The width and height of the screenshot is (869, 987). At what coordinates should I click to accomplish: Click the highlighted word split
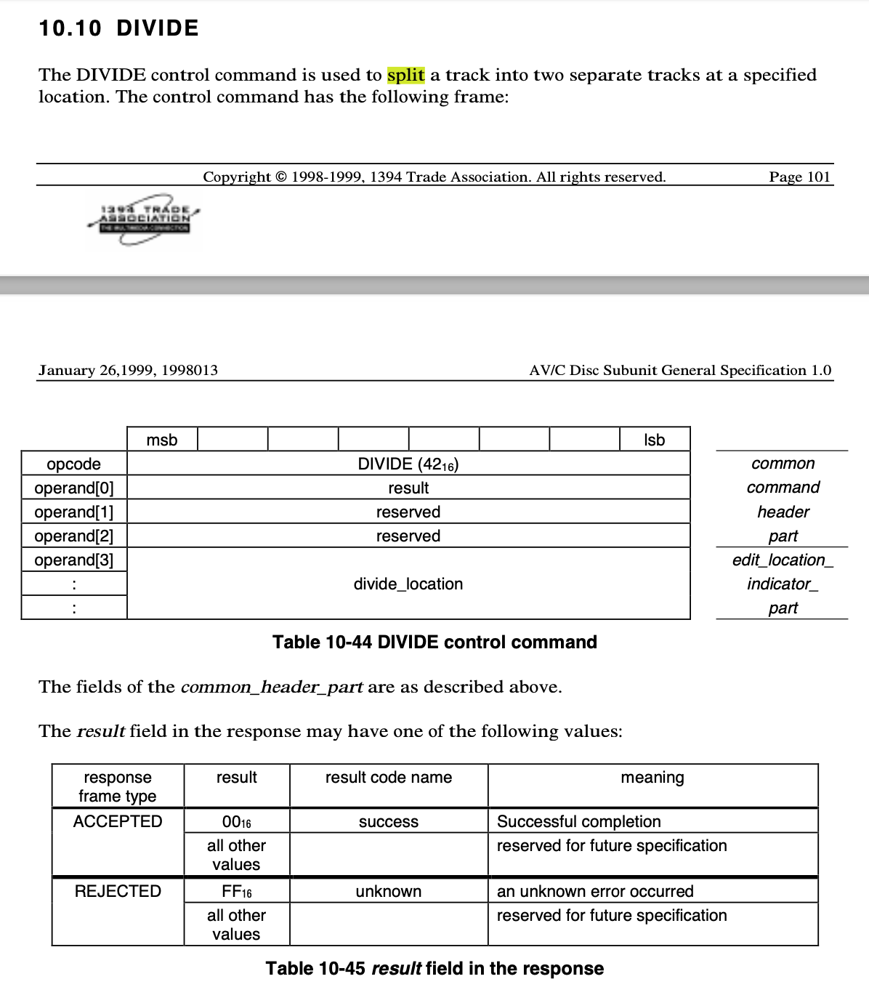(x=405, y=75)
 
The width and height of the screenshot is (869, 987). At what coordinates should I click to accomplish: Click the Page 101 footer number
(x=799, y=177)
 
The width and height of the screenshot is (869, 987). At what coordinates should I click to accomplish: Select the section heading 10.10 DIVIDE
(x=118, y=28)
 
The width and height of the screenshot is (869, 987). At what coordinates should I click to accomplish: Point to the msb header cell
(x=161, y=440)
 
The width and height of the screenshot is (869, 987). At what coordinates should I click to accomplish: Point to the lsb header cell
(x=654, y=440)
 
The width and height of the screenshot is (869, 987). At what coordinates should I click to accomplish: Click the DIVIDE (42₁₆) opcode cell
(x=408, y=464)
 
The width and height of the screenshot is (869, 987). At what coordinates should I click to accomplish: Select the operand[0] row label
(x=73, y=488)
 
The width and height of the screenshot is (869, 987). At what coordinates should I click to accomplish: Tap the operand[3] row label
(x=73, y=560)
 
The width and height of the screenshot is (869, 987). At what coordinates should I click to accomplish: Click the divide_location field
(x=408, y=584)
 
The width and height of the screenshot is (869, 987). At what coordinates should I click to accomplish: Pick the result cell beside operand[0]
(x=408, y=488)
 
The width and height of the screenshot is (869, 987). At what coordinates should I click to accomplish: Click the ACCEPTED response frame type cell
(x=118, y=821)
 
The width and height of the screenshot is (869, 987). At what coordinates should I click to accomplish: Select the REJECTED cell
(x=118, y=891)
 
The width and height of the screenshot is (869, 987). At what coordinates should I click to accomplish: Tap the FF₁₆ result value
(x=236, y=892)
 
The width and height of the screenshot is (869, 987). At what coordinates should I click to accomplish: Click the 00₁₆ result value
(x=236, y=822)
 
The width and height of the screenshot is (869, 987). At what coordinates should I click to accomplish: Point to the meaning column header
(x=652, y=778)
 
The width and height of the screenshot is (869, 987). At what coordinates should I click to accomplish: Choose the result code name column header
(x=388, y=778)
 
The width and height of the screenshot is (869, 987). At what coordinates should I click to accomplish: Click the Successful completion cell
(x=578, y=821)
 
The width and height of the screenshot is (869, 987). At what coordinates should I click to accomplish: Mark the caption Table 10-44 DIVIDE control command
(x=434, y=642)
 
